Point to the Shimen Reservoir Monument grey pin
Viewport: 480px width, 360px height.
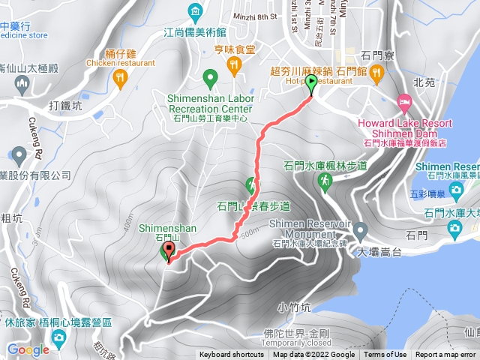click(x=359, y=230)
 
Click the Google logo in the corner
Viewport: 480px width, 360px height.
click(x=28, y=349)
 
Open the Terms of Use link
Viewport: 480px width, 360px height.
click(x=385, y=355)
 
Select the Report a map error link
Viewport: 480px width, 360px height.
click(x=445, y=355)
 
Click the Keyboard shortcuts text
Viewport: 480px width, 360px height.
click(x=232, y=355)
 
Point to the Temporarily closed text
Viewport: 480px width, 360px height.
click(x=307, y=343)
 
